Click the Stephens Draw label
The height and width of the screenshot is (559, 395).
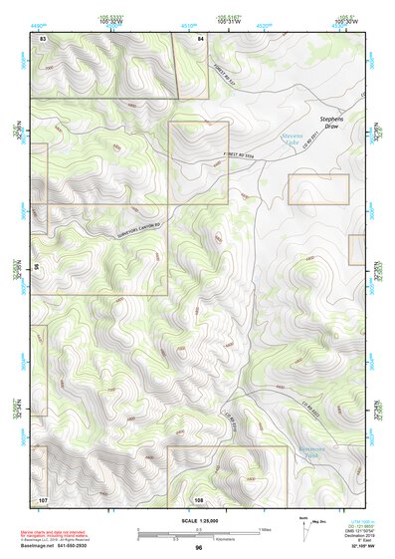tap(331, 123)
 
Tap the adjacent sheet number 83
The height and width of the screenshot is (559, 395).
tap(43, 38)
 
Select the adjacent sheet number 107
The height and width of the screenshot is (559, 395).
tap(43, 498)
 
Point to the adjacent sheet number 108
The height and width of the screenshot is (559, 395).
tap(199, 498)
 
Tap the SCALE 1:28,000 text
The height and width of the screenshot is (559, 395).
tap(198, 520)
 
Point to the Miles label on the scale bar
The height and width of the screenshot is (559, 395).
tap(263, 528)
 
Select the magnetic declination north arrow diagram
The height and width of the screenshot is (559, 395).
tap(305, 525)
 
